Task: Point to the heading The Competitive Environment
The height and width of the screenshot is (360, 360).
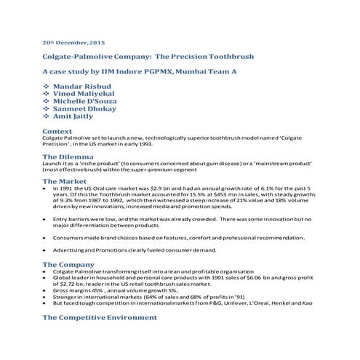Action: tap(100, 317)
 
